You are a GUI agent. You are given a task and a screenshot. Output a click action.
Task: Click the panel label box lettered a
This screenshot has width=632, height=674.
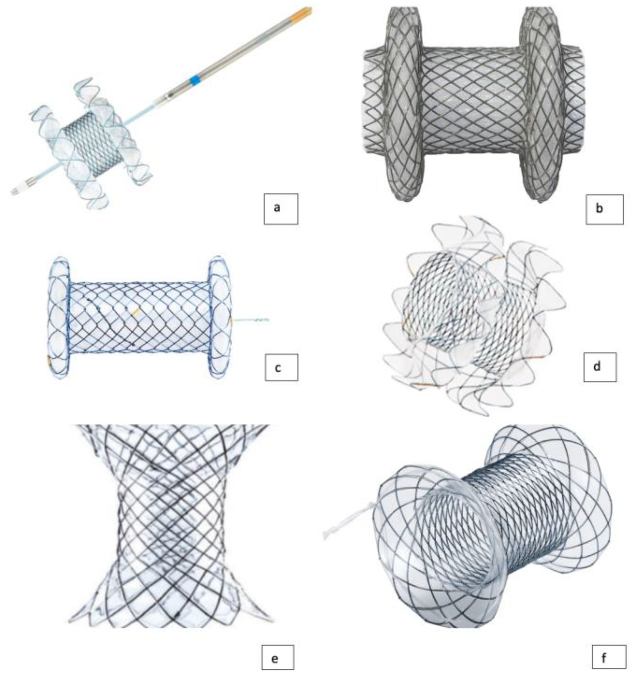(x=281, y=209)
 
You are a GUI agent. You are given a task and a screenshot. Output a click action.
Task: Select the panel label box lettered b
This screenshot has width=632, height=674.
(x=604, y=209)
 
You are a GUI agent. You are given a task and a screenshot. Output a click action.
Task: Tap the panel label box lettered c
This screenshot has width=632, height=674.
(x=281, y=367)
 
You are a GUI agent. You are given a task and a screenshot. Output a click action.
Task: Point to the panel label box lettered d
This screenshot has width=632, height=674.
(x=600, y=367)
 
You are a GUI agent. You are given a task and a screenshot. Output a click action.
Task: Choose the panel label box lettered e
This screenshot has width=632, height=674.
(x=278, y=657)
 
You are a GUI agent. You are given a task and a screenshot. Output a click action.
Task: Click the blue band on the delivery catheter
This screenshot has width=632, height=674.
(x=195, y=80)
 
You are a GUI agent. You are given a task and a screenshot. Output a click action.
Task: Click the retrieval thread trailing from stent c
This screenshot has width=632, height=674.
(x=251, y=319)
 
